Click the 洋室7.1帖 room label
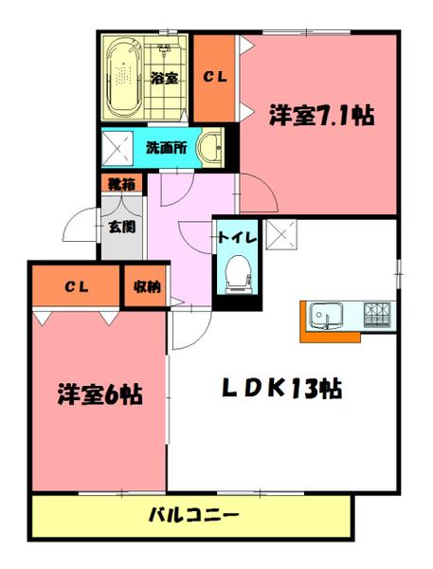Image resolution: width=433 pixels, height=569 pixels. [320, 116]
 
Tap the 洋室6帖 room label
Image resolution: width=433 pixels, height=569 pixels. [99, 393]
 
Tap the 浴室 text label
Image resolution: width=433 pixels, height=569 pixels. [164, 79]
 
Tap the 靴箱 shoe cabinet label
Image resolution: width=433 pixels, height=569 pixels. [119, 185]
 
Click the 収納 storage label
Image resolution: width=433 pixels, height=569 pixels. [146, 285]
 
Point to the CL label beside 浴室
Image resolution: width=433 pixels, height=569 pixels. [215, 78]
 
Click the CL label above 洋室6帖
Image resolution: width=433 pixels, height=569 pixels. [77, 287]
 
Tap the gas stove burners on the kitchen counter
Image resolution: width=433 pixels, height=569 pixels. [377, 313]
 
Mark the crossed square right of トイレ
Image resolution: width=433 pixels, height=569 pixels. [281, 231]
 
